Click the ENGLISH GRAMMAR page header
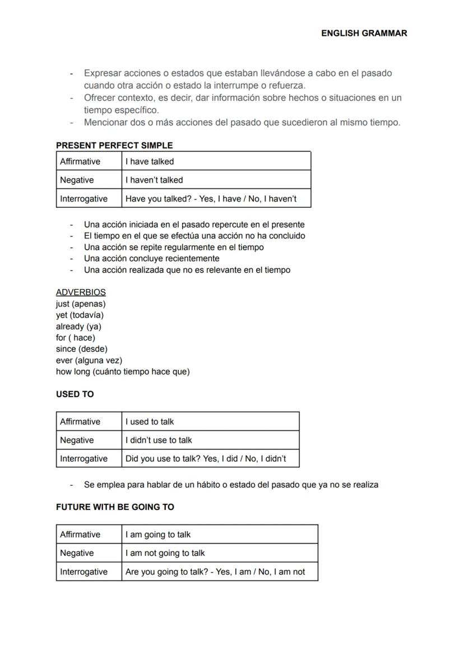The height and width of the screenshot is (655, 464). (x=364, y=33)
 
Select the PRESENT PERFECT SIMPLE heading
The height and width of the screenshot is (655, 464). (x=114, y=146)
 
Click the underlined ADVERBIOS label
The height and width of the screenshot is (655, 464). (x=81, y=292)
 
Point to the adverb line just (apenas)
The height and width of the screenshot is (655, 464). (x=81, y=304)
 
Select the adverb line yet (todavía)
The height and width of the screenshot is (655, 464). (x=80, y=315)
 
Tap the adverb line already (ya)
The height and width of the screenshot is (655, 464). (x=78, y=326)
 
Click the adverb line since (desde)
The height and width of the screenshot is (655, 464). (x=82, y=349)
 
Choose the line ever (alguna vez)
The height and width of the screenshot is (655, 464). (x=89, y=360)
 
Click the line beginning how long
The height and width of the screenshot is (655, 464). (x=123, y=371)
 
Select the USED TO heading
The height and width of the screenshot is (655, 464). (x=75, y=394)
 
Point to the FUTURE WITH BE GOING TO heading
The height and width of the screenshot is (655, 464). (x=115, y=507)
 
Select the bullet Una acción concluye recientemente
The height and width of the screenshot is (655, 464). (x=151, y=258)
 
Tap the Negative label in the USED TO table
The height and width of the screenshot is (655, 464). (x=77, y=440)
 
